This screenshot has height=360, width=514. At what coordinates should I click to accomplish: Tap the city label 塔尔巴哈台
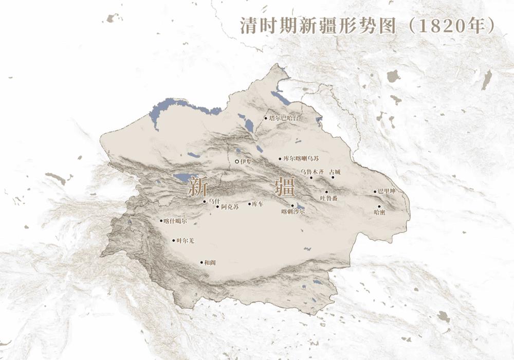[x=283, y=118]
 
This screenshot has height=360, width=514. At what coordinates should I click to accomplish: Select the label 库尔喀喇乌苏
[x=301, y=159]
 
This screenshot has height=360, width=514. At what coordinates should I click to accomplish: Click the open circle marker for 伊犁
[x=236, y=161]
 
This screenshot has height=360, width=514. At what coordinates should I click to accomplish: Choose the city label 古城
[x=335, y=171]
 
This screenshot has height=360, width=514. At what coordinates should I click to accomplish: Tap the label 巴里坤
[x=388, y=191]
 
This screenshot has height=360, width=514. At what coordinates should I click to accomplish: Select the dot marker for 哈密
[x=379, y=206]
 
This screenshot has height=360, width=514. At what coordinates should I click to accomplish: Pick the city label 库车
[x=258, y=204]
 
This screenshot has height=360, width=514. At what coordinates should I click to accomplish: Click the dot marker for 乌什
[x=204, y=202]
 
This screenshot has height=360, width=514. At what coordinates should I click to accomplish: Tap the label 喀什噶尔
[x=175, y=221]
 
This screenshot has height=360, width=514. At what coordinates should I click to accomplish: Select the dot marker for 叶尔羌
[x=173, y=240]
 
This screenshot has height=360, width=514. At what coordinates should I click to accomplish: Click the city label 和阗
[x=209, y=262]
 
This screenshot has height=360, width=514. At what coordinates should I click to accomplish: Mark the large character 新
[x=197, y=186]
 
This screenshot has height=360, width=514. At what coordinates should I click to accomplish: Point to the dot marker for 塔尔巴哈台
[x=266, y=118]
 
